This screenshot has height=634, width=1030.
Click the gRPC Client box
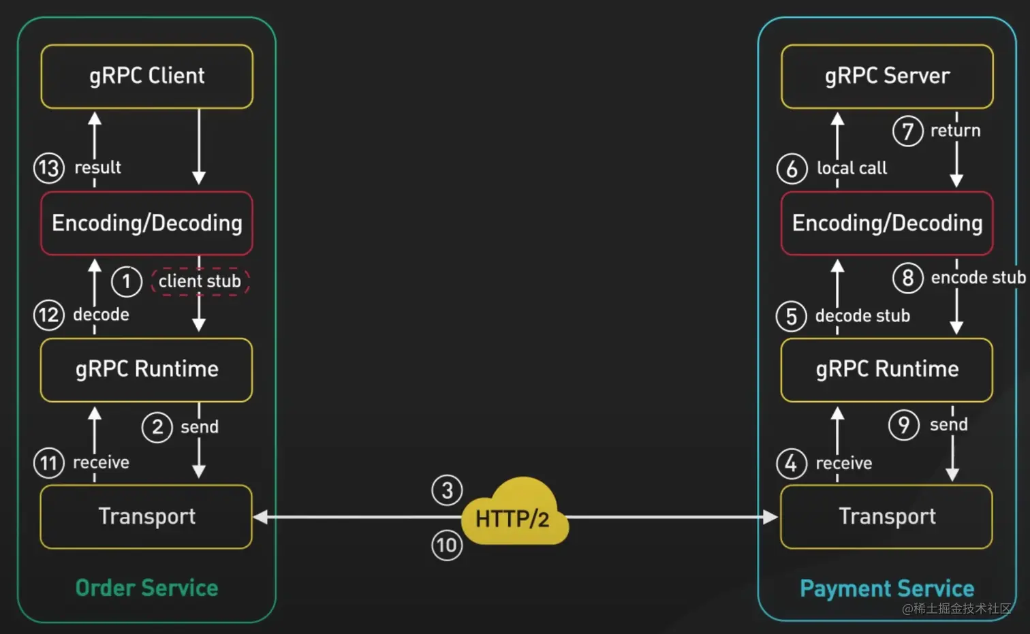(x=147, y=76)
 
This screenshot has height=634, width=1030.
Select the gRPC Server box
(x=887, y=76)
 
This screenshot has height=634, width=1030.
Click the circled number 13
(x=49, y=168)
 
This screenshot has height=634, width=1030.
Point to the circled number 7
(x=907, y=131)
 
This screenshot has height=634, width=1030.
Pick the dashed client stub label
(x=200, y=281)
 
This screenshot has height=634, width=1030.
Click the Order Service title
(x=147, y=588)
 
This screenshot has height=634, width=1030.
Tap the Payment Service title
(x=887, y=588)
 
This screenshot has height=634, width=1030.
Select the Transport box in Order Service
(x=146, y=516)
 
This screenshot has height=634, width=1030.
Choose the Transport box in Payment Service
(x=886, y=516)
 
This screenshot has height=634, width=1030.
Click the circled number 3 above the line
(x=447, y=490)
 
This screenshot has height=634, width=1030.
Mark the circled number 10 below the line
(x=447, y=545)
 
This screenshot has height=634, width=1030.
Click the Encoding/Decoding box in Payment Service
(x=887, y=223)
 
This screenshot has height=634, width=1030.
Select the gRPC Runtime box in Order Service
(x=146, y=369)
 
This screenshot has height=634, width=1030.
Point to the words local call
(x=852, y=168)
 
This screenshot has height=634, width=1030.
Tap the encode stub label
(x=978, y=278)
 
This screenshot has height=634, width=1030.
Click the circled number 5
(x=791, y=316)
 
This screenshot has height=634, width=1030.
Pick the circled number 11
(x=49, y=463)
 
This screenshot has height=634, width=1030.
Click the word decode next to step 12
(x=101, y=315)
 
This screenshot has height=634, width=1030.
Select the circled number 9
(x=904, y=425)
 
